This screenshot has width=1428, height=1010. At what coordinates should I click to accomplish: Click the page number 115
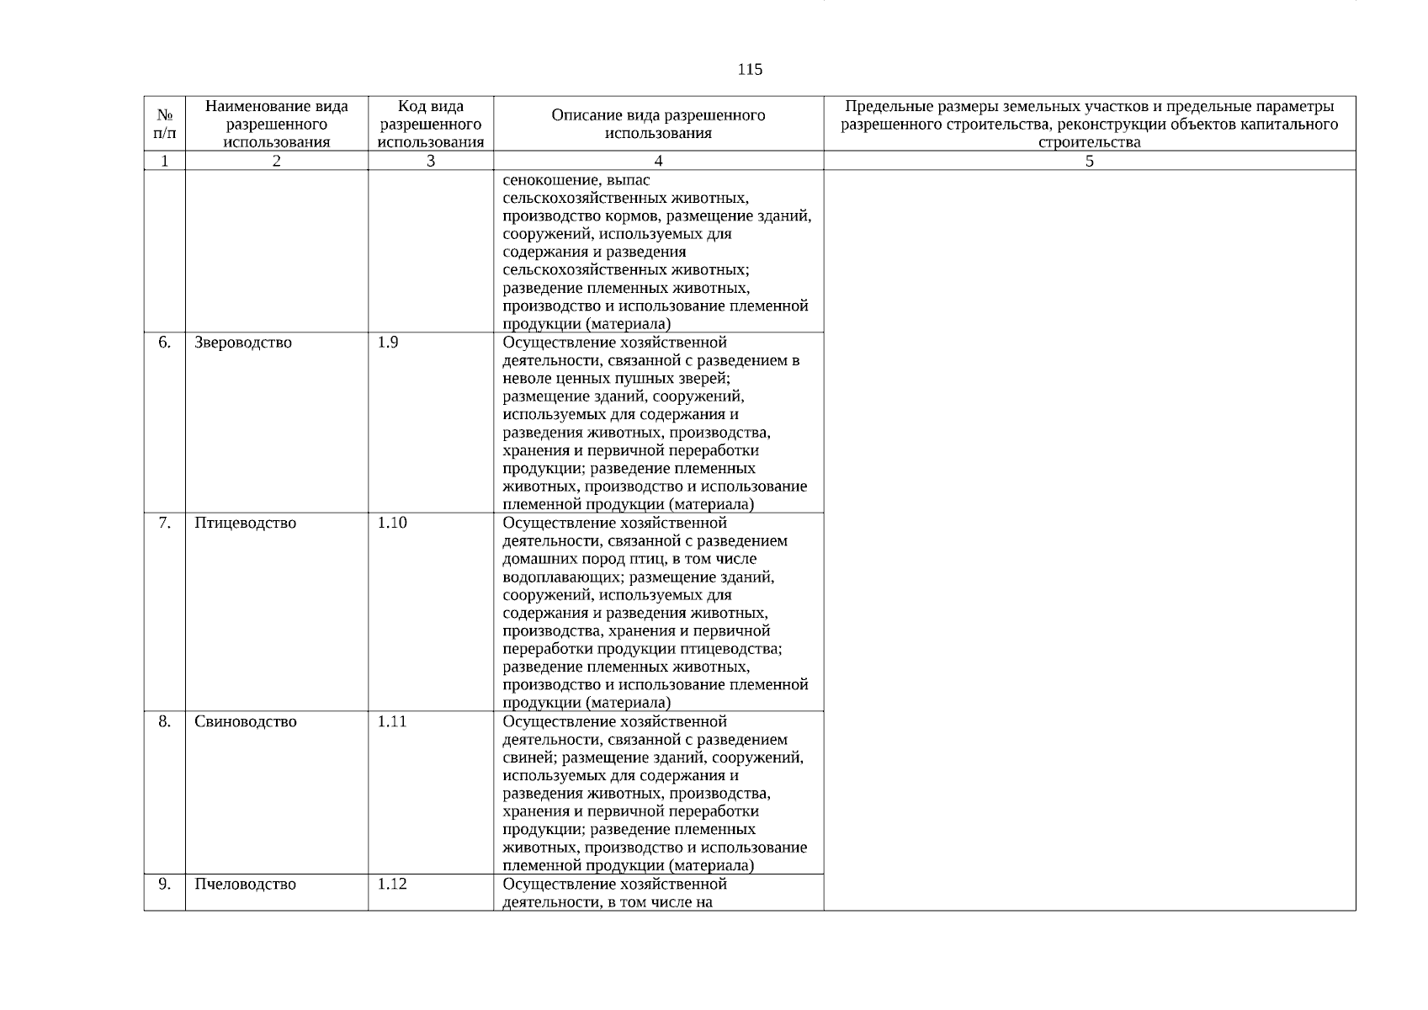749,70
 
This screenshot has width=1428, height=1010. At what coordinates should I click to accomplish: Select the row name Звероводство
243,343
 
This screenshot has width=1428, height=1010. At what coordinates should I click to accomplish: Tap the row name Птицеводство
245,524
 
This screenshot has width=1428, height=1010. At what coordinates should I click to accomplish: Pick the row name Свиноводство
245,722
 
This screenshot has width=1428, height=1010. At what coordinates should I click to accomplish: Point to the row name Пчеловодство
245,885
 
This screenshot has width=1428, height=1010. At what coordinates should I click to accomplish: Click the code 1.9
388,343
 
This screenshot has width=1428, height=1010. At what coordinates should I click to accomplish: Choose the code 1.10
391,524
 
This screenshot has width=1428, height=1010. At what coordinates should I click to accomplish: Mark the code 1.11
391,722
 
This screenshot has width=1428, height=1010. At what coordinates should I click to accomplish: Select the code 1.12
391,885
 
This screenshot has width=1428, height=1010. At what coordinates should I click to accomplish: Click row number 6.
165,343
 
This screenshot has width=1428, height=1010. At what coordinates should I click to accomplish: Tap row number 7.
165,524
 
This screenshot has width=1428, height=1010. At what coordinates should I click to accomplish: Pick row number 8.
165,722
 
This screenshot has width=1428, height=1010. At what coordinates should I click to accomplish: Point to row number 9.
165,885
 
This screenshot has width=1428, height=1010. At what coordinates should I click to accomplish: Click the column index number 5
1089,162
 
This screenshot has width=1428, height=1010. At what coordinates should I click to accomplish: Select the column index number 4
658,162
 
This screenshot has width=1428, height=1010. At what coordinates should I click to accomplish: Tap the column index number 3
430,162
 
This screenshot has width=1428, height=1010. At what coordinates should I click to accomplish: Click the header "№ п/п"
165,124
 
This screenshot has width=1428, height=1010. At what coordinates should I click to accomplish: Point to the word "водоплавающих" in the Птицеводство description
561,577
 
